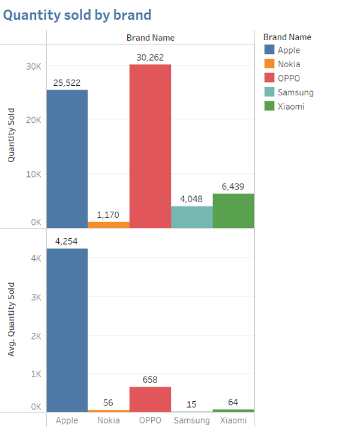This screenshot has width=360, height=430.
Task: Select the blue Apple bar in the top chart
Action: pos(67,159)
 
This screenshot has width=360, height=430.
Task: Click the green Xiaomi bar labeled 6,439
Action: pos(233,211)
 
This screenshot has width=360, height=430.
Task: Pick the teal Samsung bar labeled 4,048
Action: pos(192,217)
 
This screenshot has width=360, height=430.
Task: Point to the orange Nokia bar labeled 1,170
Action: pos(109,225)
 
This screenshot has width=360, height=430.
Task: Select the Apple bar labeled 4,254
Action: pos(67,330)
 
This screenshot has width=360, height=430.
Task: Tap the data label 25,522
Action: pos(67,83)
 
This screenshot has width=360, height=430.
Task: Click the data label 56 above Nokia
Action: pos(109,403)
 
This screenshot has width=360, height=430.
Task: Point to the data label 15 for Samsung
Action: pos(191,404)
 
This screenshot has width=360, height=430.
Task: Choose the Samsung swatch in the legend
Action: pos(269,92)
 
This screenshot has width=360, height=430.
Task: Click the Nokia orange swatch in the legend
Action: pos(269,64)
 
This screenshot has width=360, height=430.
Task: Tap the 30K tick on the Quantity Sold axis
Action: pos(34,65)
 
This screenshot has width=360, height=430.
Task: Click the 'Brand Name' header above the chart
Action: pos(150,37)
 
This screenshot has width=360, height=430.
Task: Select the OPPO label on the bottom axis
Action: pos(150,420)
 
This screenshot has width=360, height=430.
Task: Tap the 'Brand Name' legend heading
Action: pos(287,37)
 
